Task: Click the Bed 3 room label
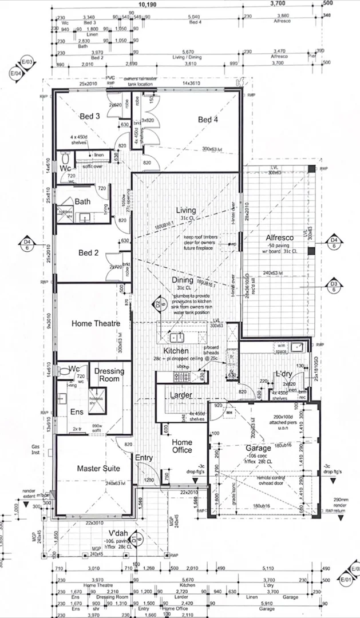point(90,116)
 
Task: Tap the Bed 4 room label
point(208,120)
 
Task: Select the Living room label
point(186,210)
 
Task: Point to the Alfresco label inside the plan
point(280,237)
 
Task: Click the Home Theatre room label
point(96,323)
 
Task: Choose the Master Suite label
point(98,469)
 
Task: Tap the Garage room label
point(258,449)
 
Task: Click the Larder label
point(181,395)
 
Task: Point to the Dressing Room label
point(109,375)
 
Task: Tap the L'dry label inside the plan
point(284,374)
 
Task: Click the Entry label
point(144,457)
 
